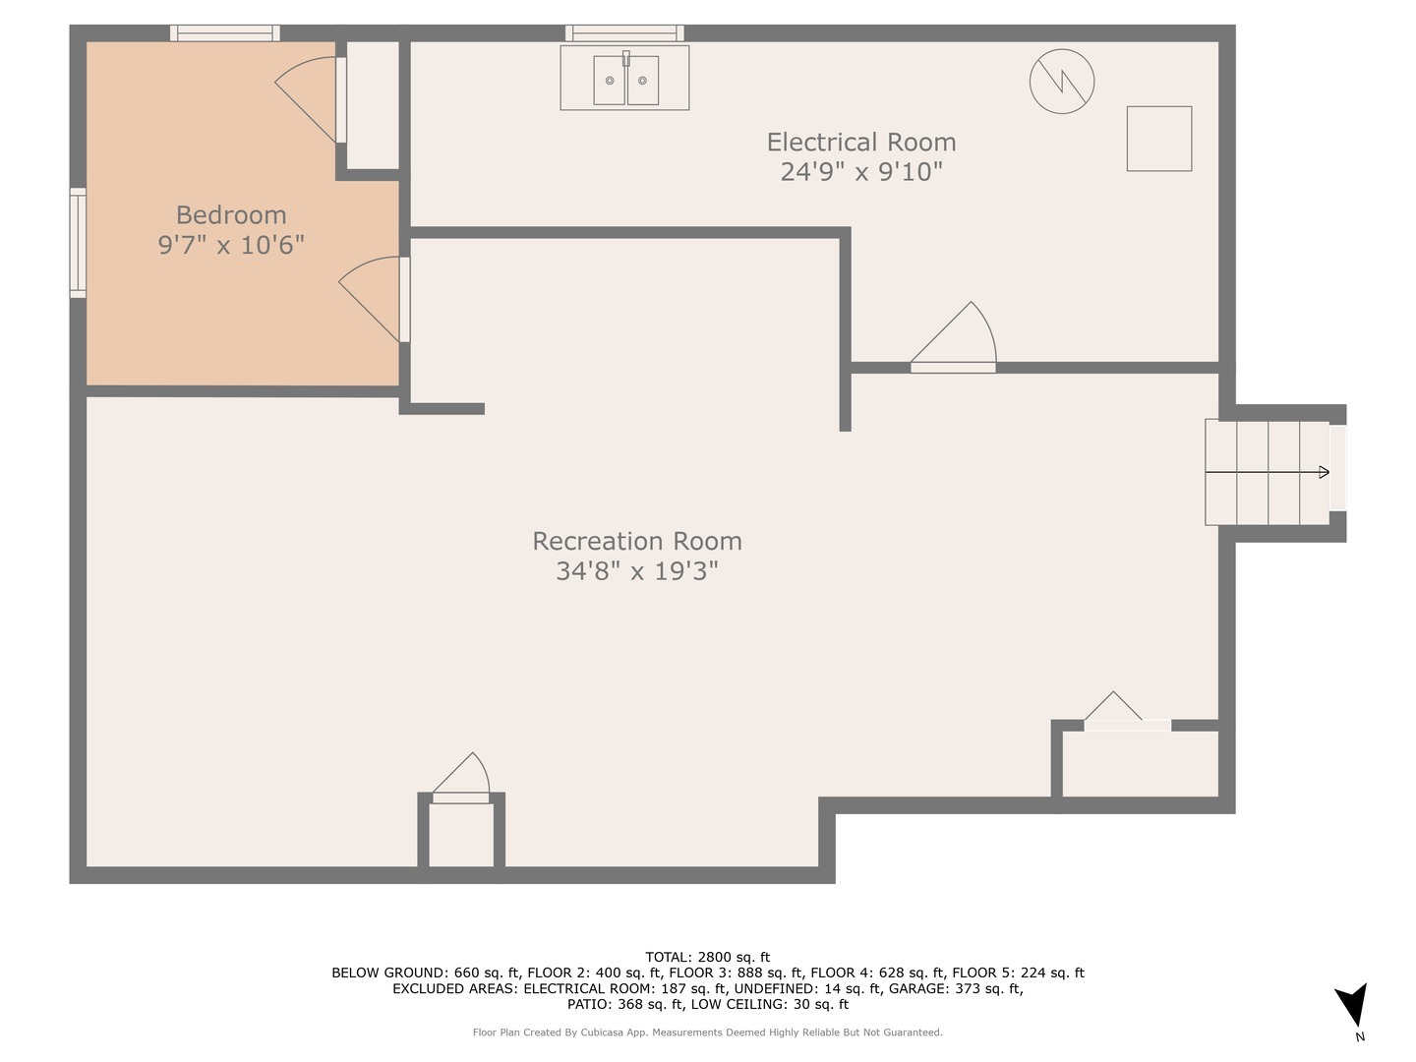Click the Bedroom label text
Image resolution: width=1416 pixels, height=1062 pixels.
click(231, 214)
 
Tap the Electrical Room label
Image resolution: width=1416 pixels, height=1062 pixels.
click(860, 143)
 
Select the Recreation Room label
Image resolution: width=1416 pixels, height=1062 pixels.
click(636, 541)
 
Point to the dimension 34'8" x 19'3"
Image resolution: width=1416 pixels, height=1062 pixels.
click(636, 571)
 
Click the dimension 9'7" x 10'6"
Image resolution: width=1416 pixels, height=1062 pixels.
click(231, 245)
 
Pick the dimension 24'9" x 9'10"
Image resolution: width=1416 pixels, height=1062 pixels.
click(860, 172)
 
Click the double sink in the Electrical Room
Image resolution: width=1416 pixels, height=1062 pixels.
click(624, 79)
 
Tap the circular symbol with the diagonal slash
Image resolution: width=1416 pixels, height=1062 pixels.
click(1062, 81)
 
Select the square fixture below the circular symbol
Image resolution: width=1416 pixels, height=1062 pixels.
click(1158, 139)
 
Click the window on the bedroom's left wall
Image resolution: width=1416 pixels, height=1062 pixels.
click(78, 242)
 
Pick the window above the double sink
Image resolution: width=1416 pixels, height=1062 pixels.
click(624, 33)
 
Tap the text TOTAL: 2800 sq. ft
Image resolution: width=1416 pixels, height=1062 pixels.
click(707, 957)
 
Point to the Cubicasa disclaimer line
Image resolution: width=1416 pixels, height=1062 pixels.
click(707, 1032)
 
